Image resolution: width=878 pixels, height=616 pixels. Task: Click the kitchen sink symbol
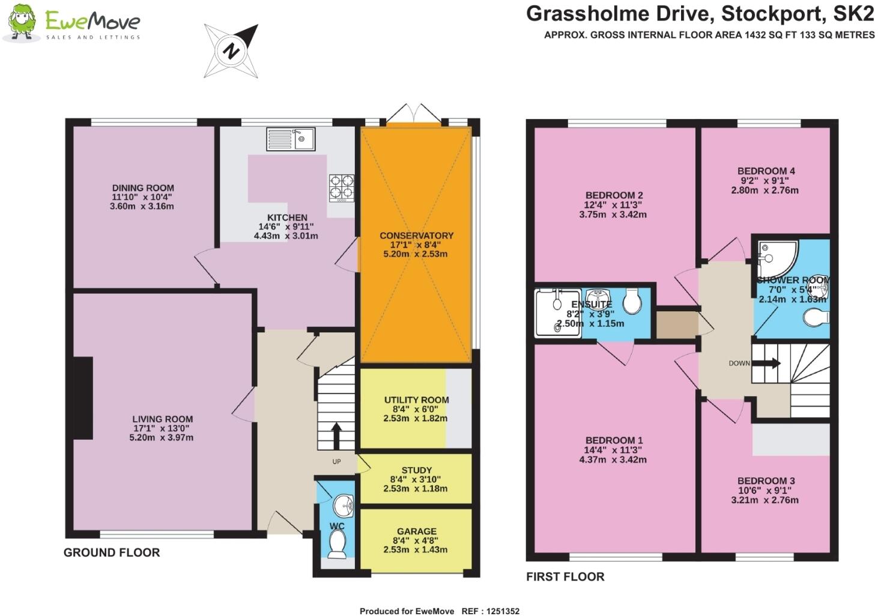(x=291, y=139)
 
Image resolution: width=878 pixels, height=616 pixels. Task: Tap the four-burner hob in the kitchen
(x=341, y=187)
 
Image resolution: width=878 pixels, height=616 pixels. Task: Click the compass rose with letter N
(x=231, y=51)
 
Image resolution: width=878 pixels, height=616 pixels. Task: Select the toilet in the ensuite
(x=632, y=302)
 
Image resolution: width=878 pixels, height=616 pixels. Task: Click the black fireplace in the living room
(x=83, y=398)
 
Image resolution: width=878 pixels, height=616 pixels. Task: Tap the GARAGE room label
(x=416, y=531)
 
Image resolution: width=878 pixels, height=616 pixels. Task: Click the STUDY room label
(x=416, y=470)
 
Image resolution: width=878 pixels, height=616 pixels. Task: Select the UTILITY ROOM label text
(x=416, y=400)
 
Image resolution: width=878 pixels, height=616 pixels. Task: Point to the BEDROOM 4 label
(x=766, y=171)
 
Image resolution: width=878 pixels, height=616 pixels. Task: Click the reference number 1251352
(x=498, y=611)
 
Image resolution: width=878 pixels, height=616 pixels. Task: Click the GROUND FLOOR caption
(x=112, y=552)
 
